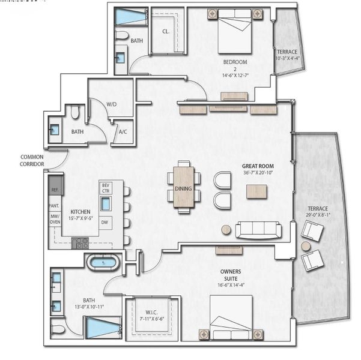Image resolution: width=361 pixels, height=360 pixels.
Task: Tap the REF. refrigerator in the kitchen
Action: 54,190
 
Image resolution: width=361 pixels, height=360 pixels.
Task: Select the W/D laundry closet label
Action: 112,104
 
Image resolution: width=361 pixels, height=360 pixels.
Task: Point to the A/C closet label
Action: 123,131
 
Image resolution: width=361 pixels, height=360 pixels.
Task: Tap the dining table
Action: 184,187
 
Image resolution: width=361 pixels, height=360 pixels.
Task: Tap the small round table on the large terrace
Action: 306,246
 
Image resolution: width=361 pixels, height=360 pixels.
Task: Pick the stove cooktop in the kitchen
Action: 80,243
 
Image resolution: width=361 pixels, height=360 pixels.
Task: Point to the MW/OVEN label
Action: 54,220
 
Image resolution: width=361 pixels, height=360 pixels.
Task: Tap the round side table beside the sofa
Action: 226,229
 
